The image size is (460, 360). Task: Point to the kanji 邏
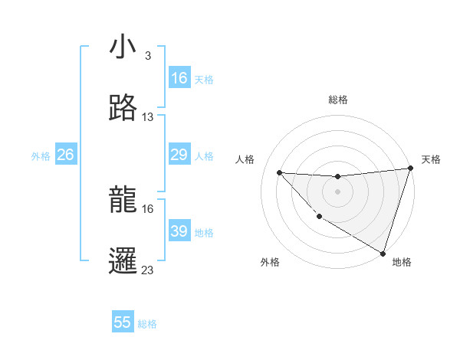123,260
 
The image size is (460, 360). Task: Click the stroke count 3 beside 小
148,56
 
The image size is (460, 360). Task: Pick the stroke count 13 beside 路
148,117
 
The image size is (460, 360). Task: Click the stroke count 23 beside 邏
148,270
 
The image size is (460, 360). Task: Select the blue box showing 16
179,78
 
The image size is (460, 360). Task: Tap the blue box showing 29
179,155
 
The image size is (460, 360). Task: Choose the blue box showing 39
179,231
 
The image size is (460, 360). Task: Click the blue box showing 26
65,155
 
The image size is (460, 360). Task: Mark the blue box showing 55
123,322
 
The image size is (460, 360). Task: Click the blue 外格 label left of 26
41,156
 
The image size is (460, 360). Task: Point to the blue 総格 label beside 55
147,324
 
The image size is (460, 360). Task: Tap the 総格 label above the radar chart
337,100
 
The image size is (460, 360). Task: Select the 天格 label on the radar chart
431,159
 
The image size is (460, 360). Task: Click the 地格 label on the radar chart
402,262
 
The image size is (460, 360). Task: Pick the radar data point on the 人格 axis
279,172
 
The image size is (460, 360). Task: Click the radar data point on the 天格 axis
410,169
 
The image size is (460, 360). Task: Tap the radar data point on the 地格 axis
383,253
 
